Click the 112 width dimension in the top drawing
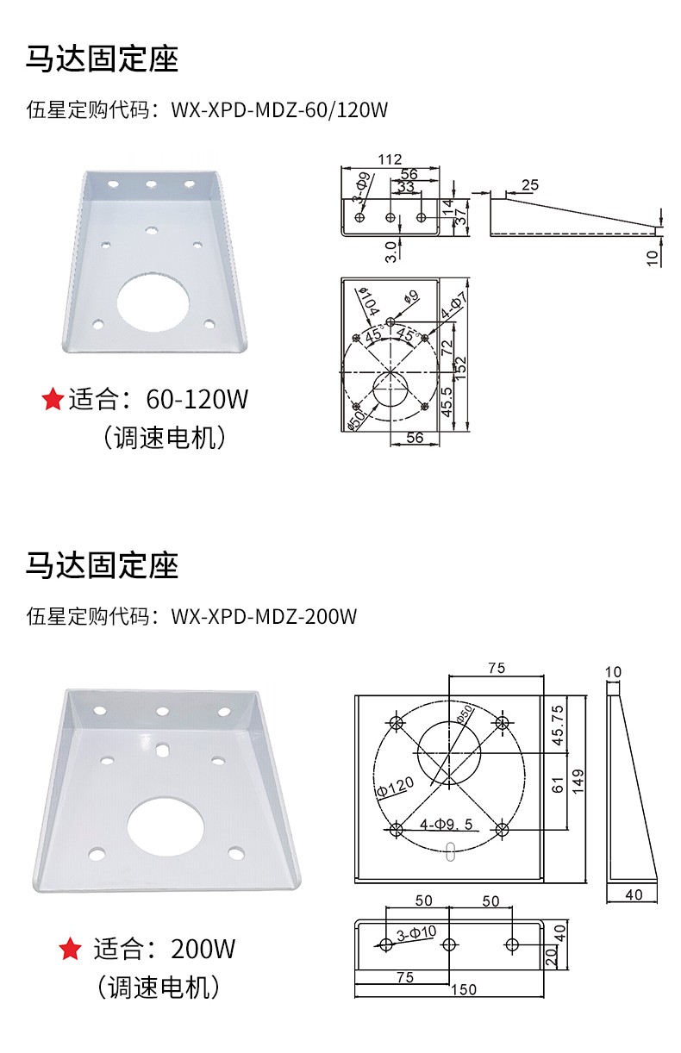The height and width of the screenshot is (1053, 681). point(390,159)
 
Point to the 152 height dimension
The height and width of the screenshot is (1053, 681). point(460,369)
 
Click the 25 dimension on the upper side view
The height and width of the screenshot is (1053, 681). point(529,185)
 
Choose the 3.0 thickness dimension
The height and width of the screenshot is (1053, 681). point(390,252)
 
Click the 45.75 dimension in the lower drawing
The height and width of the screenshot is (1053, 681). point(558,725)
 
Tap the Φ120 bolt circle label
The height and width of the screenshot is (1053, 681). point(396,787)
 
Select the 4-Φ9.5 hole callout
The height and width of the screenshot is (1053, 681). point(446,824)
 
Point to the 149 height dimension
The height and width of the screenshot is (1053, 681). point(578,782)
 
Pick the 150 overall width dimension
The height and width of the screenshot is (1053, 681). point(463,989)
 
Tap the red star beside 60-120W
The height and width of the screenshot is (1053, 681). point(53,399)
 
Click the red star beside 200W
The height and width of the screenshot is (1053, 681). point(71,948)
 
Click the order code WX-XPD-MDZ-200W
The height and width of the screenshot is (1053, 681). point(264,616)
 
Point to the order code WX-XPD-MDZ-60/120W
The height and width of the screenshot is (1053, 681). point(279,110)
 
